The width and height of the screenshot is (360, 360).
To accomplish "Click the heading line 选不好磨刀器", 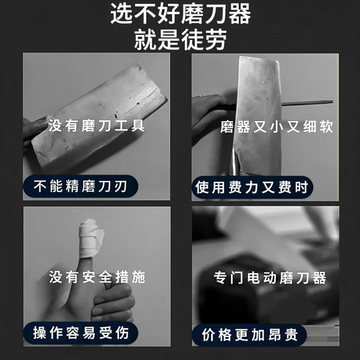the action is (x=180, y=13).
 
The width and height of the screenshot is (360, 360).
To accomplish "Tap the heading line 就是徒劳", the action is (x=180, y=39).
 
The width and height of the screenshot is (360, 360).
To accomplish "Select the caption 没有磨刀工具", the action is (x=96, y=126).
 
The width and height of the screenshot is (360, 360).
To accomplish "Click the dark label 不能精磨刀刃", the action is (x=81, y=186).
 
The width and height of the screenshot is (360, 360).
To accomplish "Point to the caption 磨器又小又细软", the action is (x=277, y=127).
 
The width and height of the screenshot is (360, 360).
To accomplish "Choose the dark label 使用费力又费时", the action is (x=252, y=187).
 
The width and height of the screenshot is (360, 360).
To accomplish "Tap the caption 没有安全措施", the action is (x=97, y=277).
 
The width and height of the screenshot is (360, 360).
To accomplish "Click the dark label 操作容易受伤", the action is (x=81, y=333).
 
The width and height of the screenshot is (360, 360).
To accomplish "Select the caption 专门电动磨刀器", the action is (x=270, y=278).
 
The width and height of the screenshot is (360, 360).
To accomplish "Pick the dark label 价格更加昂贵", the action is (x=250, y=335).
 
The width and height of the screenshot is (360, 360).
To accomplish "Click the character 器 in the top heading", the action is (x=240, y=13).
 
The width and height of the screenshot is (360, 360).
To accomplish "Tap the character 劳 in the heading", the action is (x=216, y=39).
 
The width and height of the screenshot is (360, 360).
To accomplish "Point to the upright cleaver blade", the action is (x=257, y=115).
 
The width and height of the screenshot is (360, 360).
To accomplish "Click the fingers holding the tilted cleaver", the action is (x=35, y=130).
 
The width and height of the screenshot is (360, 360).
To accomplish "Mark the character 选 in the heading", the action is (x=121, y=13).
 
